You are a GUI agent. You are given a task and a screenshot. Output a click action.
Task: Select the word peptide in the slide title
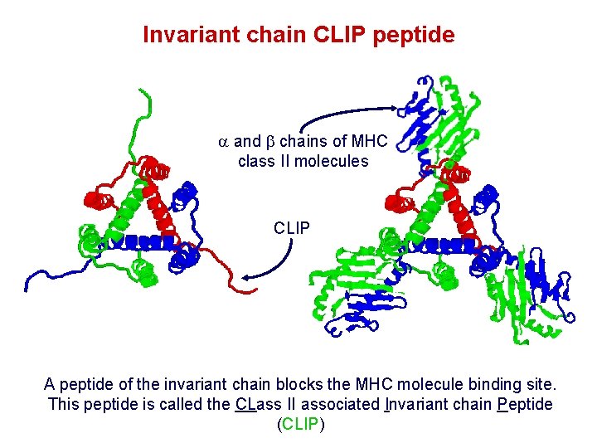pyautogui.click(x=420, y=35)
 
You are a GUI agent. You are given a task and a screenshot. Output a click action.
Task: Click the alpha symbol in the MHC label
pyautogui.click(x=223, y=142)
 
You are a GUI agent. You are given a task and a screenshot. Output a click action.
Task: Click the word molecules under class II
pyautogui.click(x=334, y=161)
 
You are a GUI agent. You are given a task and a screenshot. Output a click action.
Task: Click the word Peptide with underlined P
pyautogui.click(x=526, y=404)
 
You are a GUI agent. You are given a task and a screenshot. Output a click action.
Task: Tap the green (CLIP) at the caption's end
pyautogui.click(x=298, y=424)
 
